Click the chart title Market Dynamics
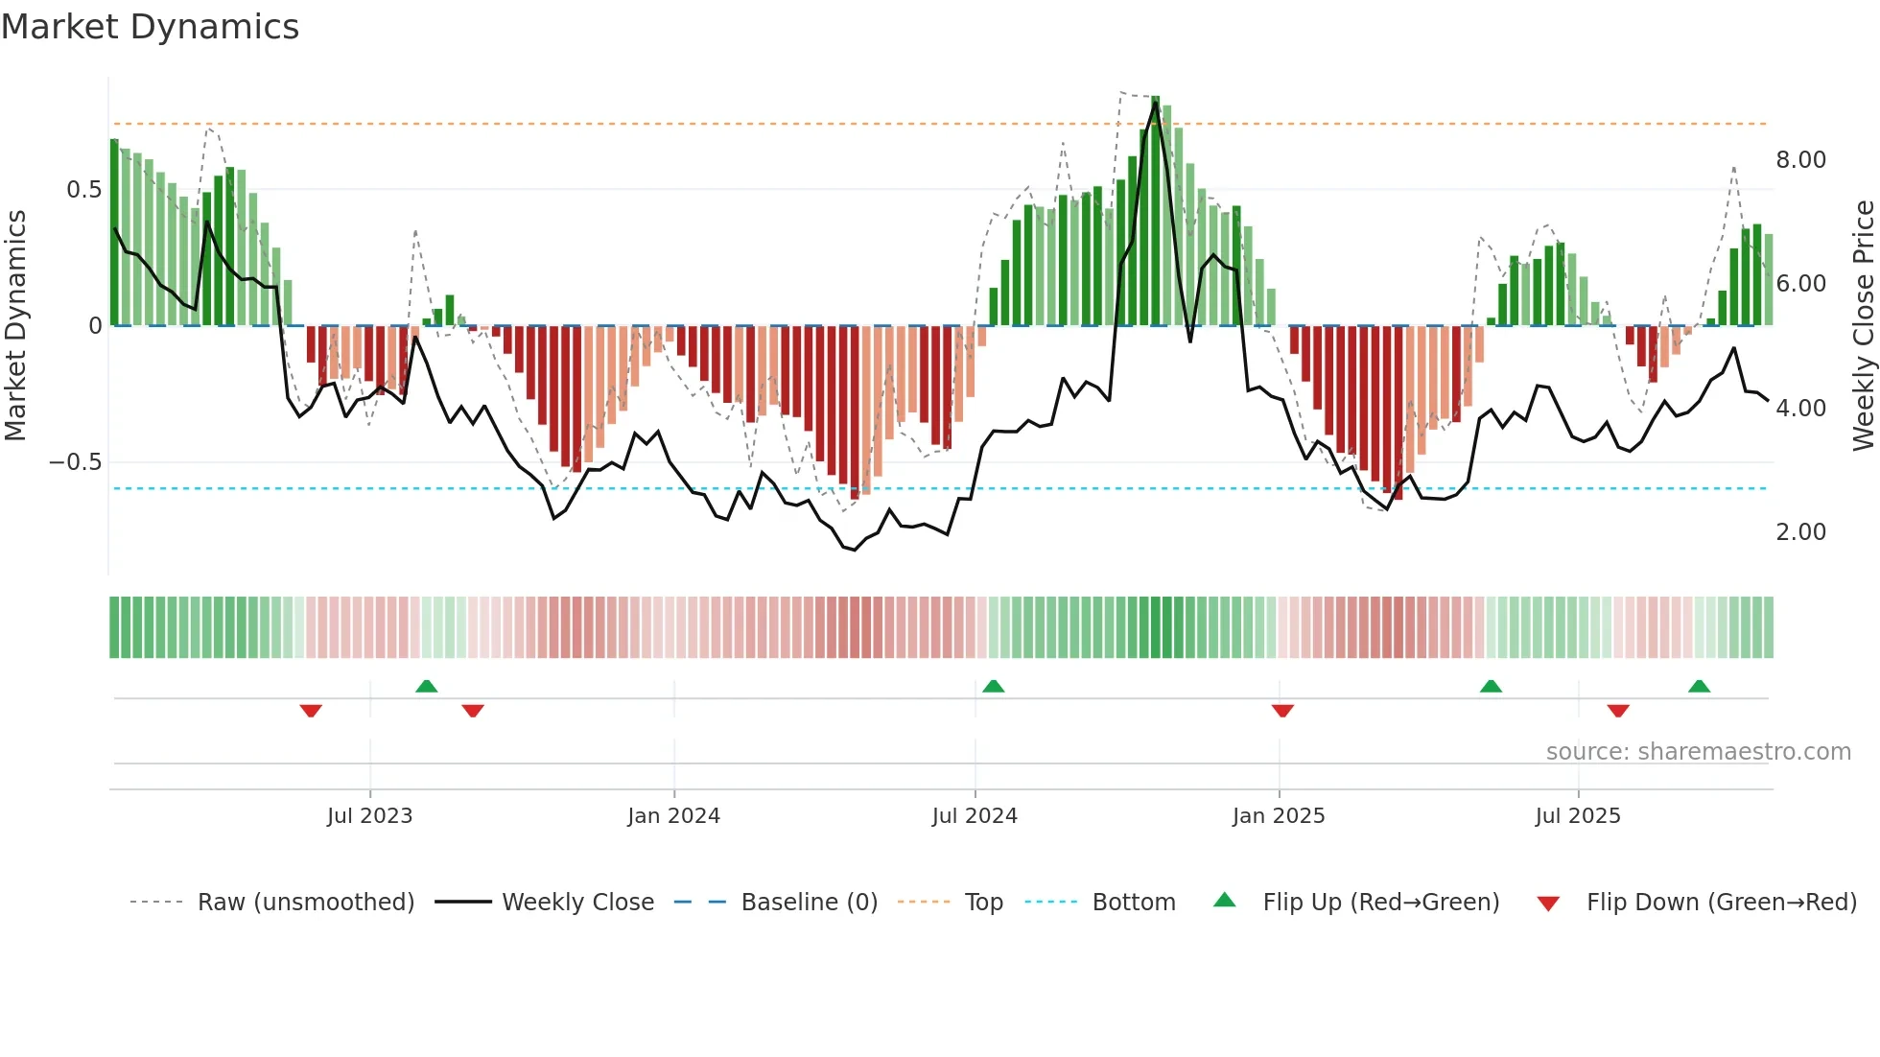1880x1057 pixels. [151, 27]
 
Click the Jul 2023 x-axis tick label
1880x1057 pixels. [369, 816]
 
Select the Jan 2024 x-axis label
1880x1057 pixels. [673, 816]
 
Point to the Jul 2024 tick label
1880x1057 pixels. [975, 816]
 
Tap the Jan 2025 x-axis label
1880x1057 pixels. [1279, 816]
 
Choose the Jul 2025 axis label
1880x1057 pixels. [1578, 816]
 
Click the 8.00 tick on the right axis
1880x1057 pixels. [1800, 160]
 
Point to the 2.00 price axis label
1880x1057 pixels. [1800, 532]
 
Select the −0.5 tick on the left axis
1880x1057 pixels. [76, 462]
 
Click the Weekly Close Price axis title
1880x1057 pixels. [1863, 325]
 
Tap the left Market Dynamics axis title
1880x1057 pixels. [15, 325]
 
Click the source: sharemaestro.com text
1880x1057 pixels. [1698, 752]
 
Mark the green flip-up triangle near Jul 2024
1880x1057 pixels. [993, 686]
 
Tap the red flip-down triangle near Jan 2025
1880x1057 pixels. [1282, 711]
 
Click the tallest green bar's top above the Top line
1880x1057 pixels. [1156, 99]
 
